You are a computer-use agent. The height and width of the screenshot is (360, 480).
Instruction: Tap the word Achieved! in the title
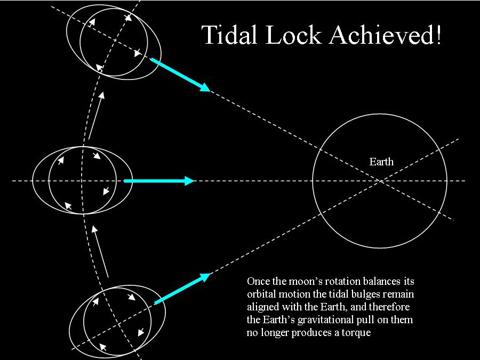coord(386,35)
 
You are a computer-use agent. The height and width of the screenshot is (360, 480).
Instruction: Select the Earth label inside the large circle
coord(381,162)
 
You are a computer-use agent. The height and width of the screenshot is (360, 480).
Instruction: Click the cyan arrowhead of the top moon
coord(204,86)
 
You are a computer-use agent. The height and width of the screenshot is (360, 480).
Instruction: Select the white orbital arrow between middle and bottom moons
coord(101,251)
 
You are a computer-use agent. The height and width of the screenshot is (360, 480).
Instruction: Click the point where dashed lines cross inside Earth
coord(380,181)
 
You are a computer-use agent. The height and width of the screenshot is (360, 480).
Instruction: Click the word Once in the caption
coord(258,282)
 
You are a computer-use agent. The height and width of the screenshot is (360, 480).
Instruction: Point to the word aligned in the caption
coord(262,307)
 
